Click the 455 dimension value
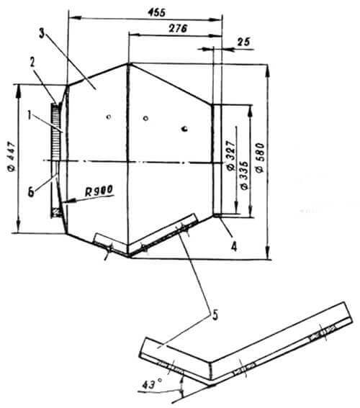pyautogui.click(x=156, y=12)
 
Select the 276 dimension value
pyautogui.click(x=178, y=28)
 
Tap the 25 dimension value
pyautogui.click(x=243, y=42)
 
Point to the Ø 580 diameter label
pyautogui.click(x=261, y=158)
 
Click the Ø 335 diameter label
pyautogui.click(x=245, y=176)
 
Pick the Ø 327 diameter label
pyautogui.click(x=231, y=155)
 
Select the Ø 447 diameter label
pyautogui.click(x=12, y=157)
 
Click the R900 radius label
pyautogui.click(x=99, y=191)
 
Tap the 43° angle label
pyautogui.click(x=152, y=384)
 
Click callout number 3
pyautogui.click(x=42, y=34)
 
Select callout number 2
pyautogui.click(x=32, y=63)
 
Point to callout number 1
pyautogui.click(x=30, y=116)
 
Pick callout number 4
pyautogui.click(x=234, y=246)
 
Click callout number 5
pyautogui.click(x=215, y=315)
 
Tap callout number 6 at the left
pyautogui.click(x=31, y=193)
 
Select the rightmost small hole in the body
pyautogui.click(x=185, y=129)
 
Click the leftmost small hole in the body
pyautogui.click(x=109, y=117)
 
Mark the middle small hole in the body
pyautogui.click(x=145, y=119)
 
